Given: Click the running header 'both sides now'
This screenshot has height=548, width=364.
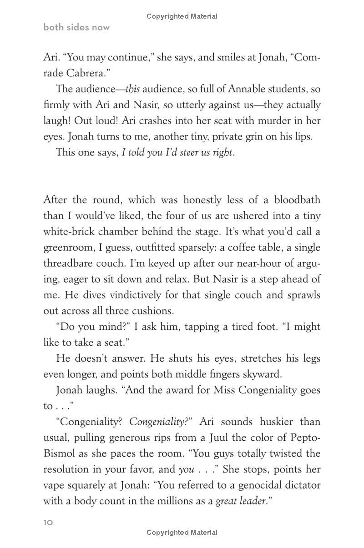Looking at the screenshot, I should tap(76, 27).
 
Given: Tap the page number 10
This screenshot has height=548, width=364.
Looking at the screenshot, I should tap(48, 523).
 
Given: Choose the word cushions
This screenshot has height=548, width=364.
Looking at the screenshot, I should tap(153, 311).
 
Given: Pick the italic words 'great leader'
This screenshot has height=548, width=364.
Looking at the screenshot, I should tap(240, 501).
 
